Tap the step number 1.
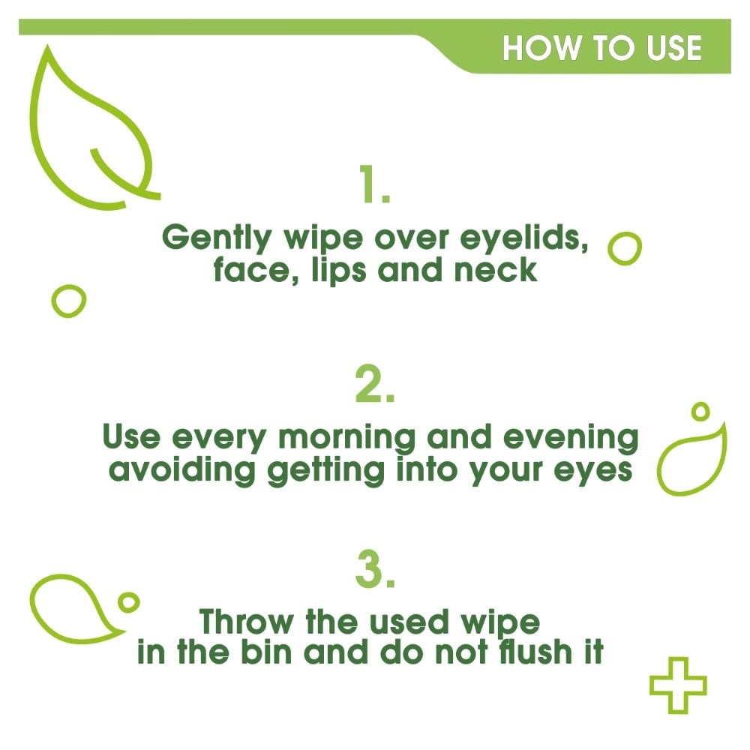click(373, 184)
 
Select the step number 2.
click(375, 384)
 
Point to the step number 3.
click(375, 570)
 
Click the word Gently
click(217, 238)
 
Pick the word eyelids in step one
click(523, 238)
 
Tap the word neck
click(496, 270)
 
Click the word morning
click(347, 439)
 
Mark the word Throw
click(247, 622)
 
